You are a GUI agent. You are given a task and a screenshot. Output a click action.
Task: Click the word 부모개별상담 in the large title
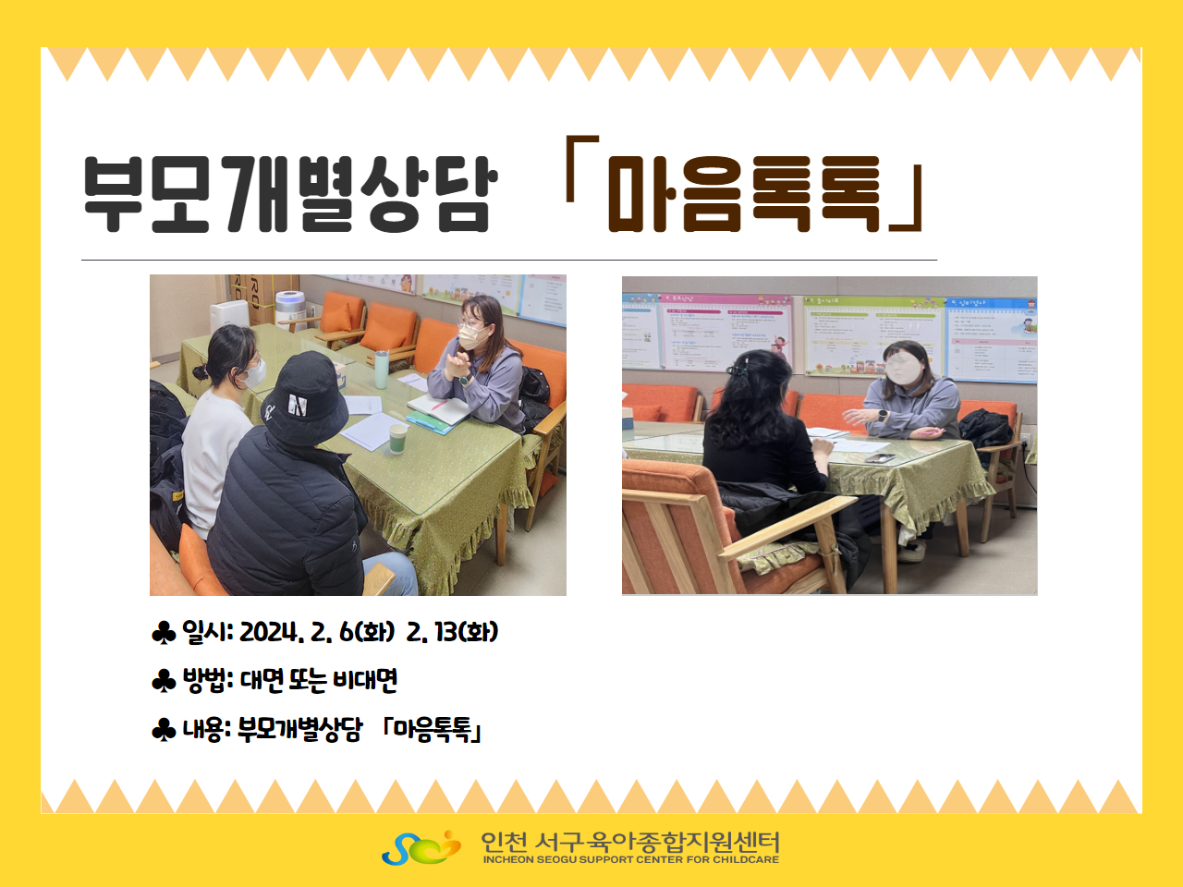(291, 194)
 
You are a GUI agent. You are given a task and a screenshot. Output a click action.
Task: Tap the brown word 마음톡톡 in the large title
(744, 194)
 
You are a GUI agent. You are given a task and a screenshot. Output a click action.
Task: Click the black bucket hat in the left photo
(305, 397)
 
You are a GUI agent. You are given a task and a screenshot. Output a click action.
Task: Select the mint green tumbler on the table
(382, 370)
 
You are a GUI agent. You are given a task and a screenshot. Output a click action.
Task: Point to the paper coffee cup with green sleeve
(397, 439)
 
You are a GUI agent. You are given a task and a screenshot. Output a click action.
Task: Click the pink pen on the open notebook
(439, 404)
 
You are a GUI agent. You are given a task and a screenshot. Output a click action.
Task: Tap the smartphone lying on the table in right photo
(879, 457)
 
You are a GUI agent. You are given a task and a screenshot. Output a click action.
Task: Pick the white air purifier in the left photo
(231, 320)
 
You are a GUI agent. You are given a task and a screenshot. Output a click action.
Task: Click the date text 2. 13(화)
(452, 632)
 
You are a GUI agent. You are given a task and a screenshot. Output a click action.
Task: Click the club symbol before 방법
(164, 681)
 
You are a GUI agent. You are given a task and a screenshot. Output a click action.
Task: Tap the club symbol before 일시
(164, 633)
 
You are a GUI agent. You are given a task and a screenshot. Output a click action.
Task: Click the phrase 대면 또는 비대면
(319, 680)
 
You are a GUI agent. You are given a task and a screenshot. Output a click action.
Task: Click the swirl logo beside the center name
(421, 847)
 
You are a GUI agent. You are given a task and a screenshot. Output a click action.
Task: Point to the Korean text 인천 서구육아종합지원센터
(630, 842)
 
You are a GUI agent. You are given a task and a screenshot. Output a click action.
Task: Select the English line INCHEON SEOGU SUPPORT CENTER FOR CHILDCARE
(630, 859)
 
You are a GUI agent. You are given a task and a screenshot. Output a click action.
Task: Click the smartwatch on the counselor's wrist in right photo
(883, 416)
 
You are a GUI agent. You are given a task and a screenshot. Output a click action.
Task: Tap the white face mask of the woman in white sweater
(253, 374)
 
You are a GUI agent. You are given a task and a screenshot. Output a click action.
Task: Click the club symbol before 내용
(164, 730)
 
